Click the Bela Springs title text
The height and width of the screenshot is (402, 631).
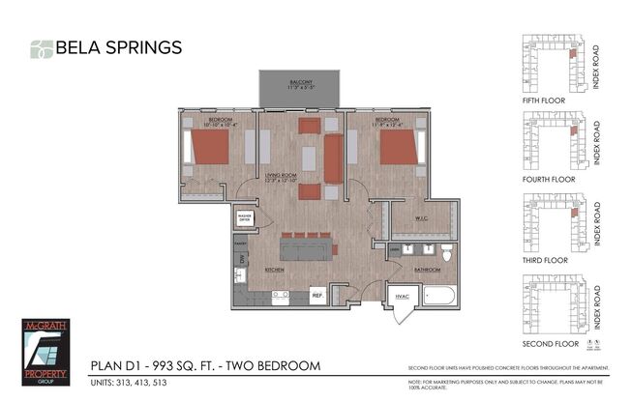click(118, 46)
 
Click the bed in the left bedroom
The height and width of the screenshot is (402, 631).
click(207, 148)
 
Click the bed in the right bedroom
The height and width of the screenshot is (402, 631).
click(398, 147)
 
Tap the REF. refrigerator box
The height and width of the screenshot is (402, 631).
click(316, 295)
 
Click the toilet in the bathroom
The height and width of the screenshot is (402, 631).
click(446, 252)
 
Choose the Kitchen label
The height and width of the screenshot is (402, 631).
click(274, 271)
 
